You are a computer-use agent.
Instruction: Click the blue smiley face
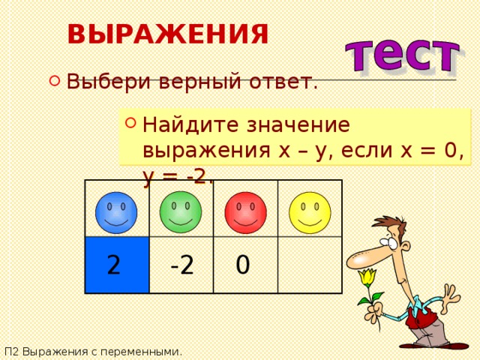point(116,212)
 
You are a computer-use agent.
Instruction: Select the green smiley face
point(181,211)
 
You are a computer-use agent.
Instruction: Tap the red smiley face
point(245,212)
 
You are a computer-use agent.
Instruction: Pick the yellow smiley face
point(310,212)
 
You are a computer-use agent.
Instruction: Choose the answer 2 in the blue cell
point(113,265)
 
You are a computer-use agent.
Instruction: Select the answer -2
point(181,265)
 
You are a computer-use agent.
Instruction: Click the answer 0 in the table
point(242,265)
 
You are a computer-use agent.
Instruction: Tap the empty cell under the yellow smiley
point(310,265)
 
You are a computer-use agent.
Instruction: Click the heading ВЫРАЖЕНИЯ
point(167,34)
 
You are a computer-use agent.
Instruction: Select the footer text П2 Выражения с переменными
point(93,351)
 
